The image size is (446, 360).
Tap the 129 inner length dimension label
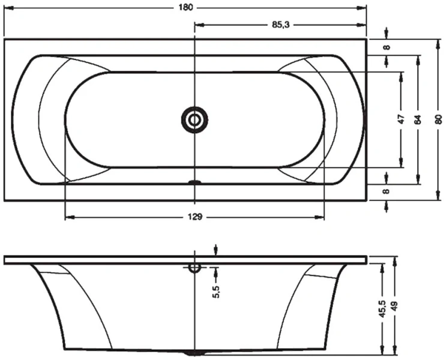(194, 217)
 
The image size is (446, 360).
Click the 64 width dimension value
(418, 119)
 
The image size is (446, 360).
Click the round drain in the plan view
(194, 120)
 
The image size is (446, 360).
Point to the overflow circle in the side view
(194, 268)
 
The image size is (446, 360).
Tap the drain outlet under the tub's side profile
(194, 353)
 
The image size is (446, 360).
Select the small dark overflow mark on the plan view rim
(194, 182)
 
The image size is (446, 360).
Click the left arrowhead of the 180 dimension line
(7, 8)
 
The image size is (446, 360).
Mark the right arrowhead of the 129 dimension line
(321, 217)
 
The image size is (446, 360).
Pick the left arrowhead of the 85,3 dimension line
(199, 25)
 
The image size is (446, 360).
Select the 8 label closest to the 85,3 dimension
(387, 47)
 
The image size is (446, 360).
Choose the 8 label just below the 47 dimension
(387, 191)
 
